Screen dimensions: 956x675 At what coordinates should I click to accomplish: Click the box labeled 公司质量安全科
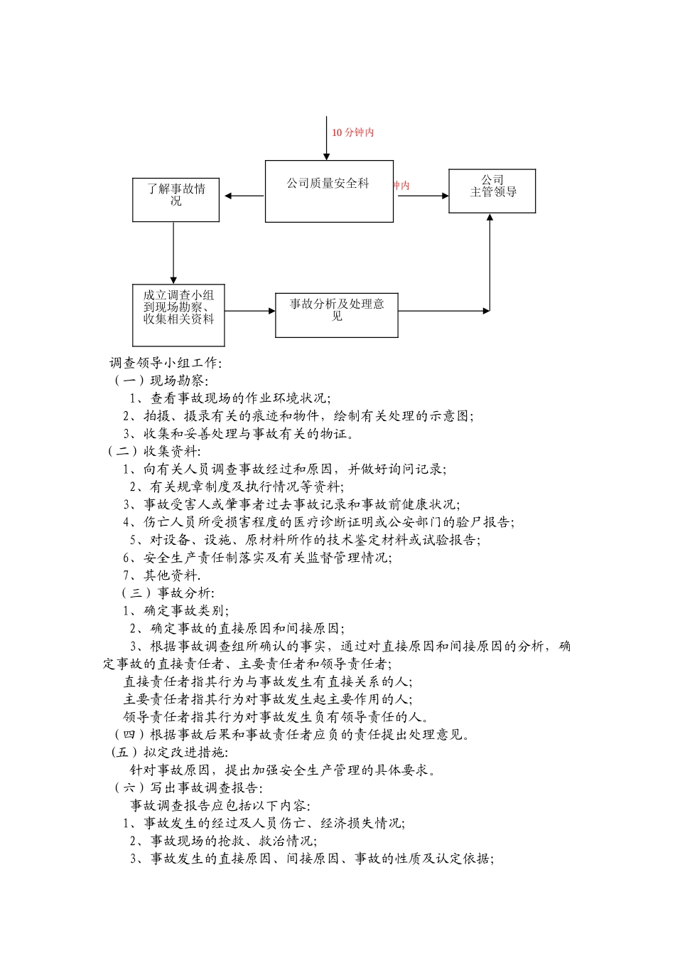(x=329, y=191)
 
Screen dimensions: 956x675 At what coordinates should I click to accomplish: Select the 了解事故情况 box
(x=175, y=199)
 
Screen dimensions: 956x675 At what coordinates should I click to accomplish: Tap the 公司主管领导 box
(x=492, y=191)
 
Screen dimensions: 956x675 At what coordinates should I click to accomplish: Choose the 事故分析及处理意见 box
(x=336, y=314)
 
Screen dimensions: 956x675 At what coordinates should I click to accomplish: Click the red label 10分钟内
(x=352, y=132)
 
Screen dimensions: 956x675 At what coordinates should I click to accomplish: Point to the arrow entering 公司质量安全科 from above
(x=327, y=139)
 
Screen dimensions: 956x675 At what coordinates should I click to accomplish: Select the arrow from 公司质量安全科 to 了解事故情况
(x=243, y=196)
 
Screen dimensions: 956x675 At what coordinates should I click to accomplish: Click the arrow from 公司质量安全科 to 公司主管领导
(x=423, y=196)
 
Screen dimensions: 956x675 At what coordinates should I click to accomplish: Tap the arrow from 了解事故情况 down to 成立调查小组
(x=173, y=253)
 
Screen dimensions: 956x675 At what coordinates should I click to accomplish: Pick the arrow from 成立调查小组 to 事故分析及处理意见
(x=250, y=311)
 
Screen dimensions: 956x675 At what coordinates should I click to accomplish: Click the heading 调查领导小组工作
(x=166, y=363)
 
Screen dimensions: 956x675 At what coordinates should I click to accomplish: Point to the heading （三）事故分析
(x=168, y=593)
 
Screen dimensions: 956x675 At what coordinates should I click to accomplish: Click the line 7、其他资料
(x=162, y=575)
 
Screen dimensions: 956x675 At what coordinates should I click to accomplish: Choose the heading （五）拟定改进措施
(x=170, y=752)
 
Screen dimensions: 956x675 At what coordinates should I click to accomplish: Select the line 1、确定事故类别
(x=175, y=610)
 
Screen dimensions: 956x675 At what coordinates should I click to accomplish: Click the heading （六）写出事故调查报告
(x=188, y=787)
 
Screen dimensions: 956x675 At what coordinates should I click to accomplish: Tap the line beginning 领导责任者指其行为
(x=276, y=716)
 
